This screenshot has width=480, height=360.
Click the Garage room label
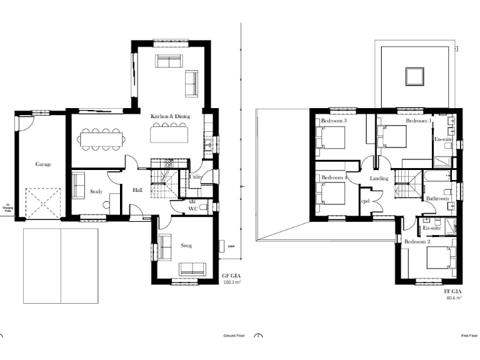(43, 164)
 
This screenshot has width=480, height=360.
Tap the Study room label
(96, 192)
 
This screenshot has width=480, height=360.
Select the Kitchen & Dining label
(170, 116)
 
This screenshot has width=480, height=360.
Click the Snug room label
(186, 246)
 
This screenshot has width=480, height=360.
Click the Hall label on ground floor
(139, 191)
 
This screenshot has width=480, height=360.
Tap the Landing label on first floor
(379, 178)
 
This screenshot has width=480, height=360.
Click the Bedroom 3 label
(334, 121)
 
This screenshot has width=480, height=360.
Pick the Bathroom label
(437, 199)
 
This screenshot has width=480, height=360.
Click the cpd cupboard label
(366, 201)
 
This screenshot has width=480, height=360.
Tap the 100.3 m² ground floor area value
(232, 282)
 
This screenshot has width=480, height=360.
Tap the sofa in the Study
(78, 185)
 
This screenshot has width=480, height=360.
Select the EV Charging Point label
(8, 207)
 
